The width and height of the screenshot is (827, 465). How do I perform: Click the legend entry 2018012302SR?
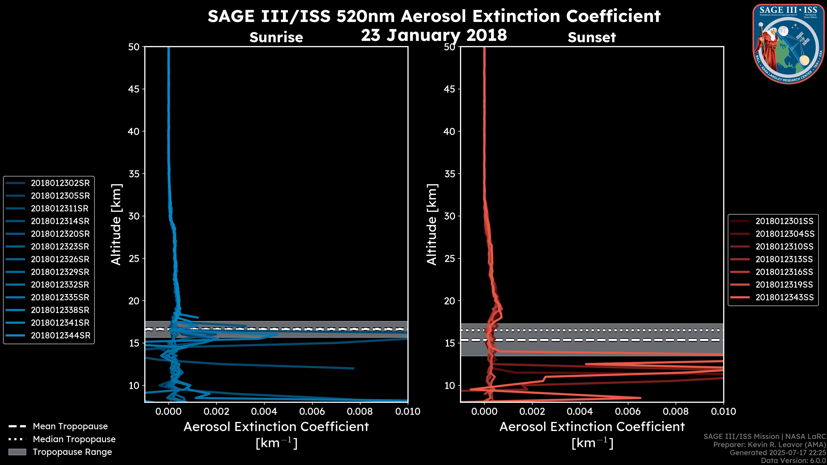[x=60, y=183]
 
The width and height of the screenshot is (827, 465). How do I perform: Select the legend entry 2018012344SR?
[x=60, y=336]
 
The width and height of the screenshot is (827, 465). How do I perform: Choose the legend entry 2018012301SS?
[x=784, y=221]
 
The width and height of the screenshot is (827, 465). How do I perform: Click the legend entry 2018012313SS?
[x=784, y=259]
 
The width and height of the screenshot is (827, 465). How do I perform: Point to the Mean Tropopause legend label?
[x=70, y=426]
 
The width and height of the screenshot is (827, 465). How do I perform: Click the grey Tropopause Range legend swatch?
[x=17, y=452]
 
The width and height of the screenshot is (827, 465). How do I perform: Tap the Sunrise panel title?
[x=276, y=37]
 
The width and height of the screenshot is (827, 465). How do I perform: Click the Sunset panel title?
[x=592, y=37]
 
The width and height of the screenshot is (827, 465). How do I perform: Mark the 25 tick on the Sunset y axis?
[x=449, y=259]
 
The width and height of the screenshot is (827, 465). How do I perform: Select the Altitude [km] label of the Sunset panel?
[x=432, y=225]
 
